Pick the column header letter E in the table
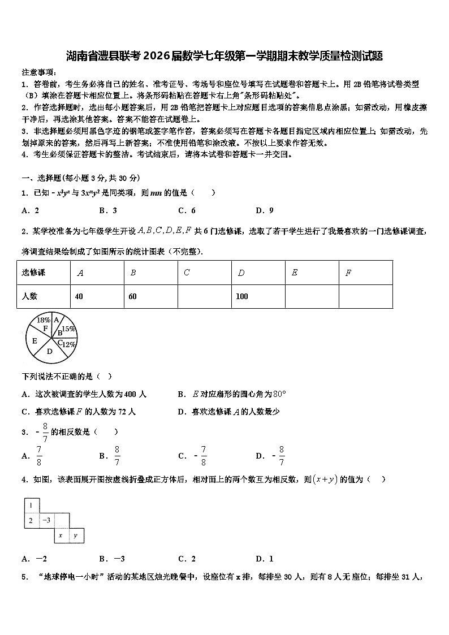295,273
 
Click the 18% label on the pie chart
43,320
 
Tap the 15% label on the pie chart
68,329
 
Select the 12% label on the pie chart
68,344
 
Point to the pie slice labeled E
35,341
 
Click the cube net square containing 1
31,506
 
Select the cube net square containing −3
46,520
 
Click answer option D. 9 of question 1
265,210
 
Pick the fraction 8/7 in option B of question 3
117,456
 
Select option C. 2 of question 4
187,559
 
